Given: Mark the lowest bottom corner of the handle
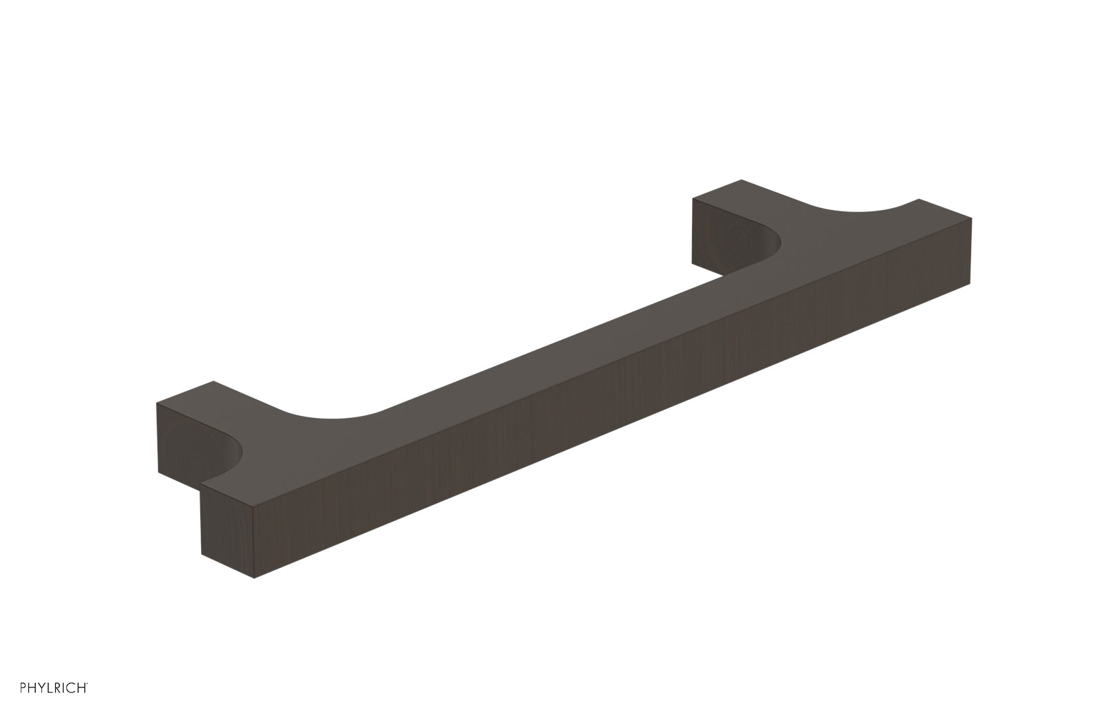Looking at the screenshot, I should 255,578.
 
